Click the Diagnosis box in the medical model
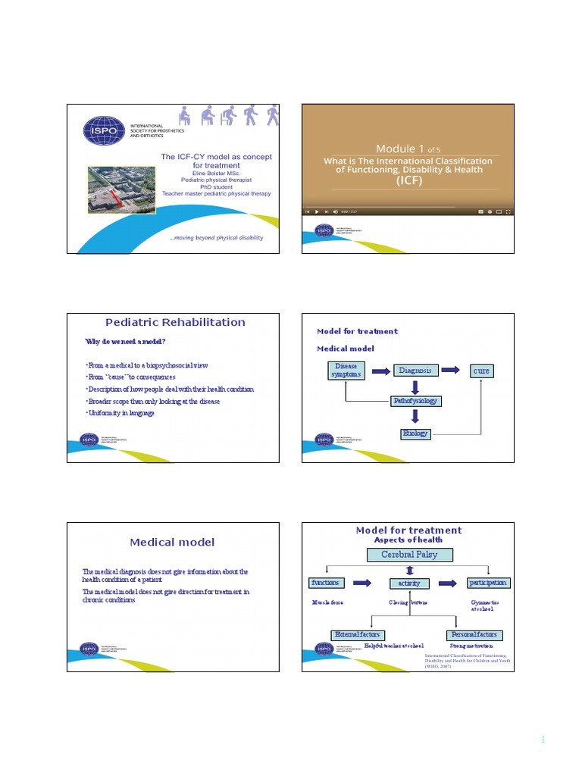point(415,371)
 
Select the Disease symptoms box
point(346,371)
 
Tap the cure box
point(481,371)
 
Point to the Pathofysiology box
point(415,400)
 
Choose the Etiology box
point(415,433)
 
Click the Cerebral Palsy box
point(408,555)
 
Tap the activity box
point(409,584)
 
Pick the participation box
point(488,583)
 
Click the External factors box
point(358,634)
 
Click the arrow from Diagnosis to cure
point(451,370)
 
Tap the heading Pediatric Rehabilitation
point(177,322)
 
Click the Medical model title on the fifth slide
point(172,542)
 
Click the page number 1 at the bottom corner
point(543,740)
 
